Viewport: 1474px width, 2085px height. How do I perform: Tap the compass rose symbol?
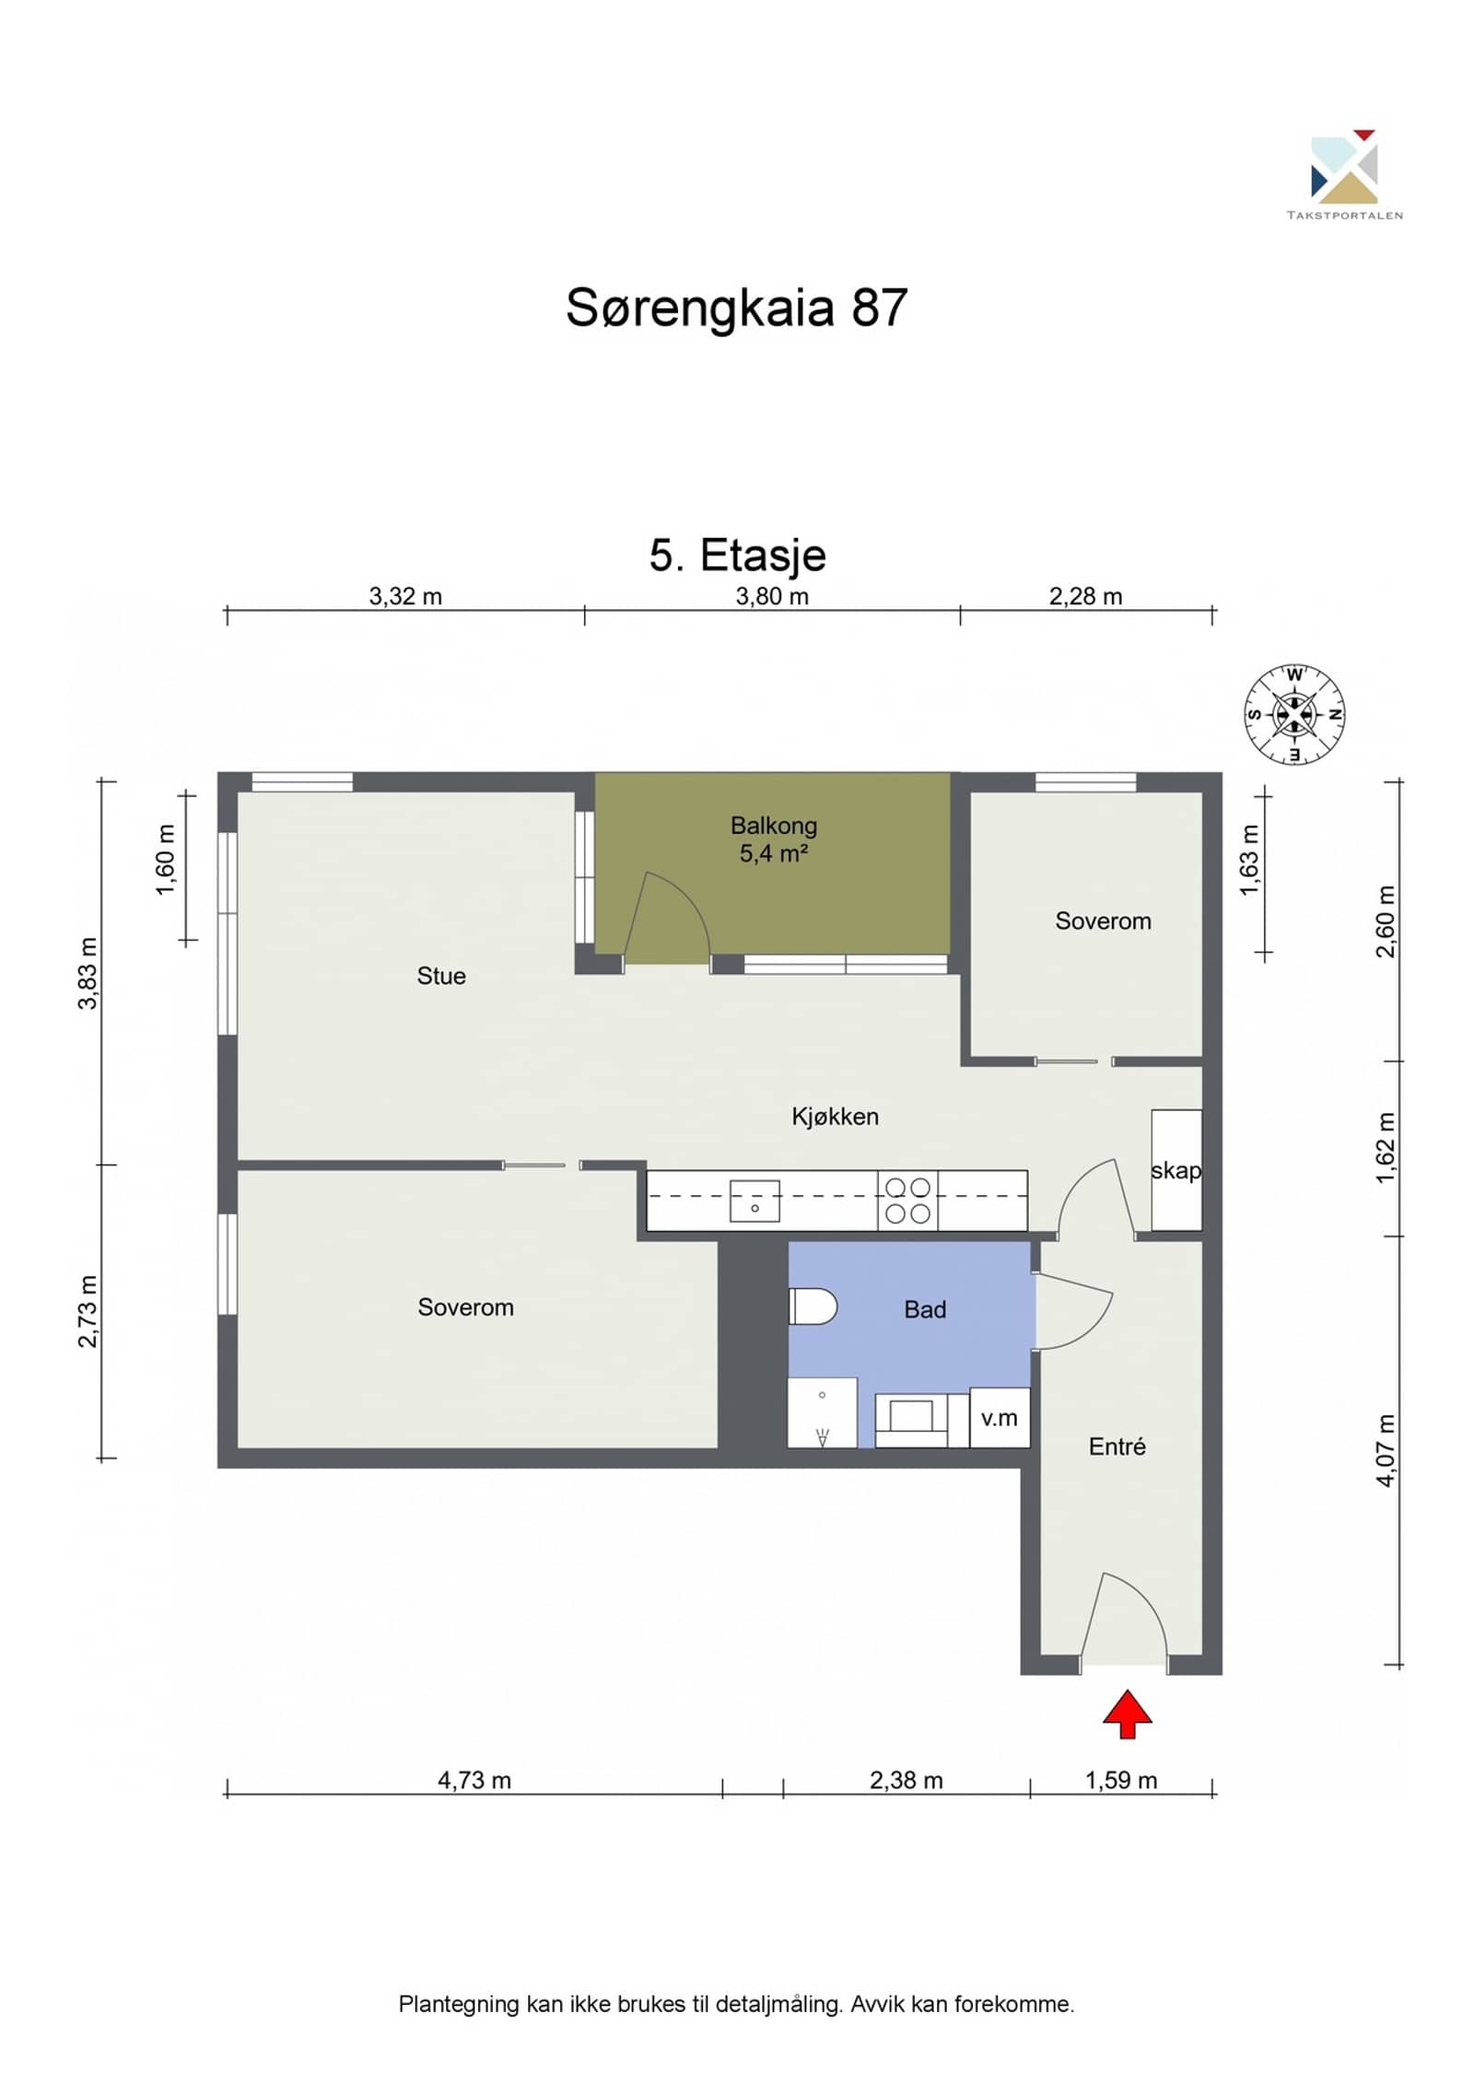coord(1294,714)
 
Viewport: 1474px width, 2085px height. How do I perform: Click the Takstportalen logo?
coord(1344,174)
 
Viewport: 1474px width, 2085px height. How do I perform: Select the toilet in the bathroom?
coord(813,1306)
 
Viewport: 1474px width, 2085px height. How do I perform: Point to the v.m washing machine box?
coord(1000,1417)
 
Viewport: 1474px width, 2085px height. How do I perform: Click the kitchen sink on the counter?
coord(755,1201)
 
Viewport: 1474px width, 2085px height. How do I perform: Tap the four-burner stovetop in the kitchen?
coord(907,1201)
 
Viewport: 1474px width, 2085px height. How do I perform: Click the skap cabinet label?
coord(1176,1170)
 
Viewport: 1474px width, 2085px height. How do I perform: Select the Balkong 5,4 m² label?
coord(774,839)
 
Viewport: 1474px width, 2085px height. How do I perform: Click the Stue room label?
coord(441,976)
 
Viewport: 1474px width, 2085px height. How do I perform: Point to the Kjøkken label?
coord(836,1117)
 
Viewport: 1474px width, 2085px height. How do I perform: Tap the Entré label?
coord(1117,1447)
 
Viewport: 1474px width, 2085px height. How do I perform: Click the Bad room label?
coord(925,1309)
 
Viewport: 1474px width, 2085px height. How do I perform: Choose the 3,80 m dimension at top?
coord(772,596)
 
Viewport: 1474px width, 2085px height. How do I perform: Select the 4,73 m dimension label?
coord(474,1780)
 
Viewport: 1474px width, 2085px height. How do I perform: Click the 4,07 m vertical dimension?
coord(1386,1450)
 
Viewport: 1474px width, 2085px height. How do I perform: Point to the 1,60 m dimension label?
coord(166,860)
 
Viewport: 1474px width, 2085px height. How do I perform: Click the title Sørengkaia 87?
coord(737,307)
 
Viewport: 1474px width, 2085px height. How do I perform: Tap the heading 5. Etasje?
coord(738,555)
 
